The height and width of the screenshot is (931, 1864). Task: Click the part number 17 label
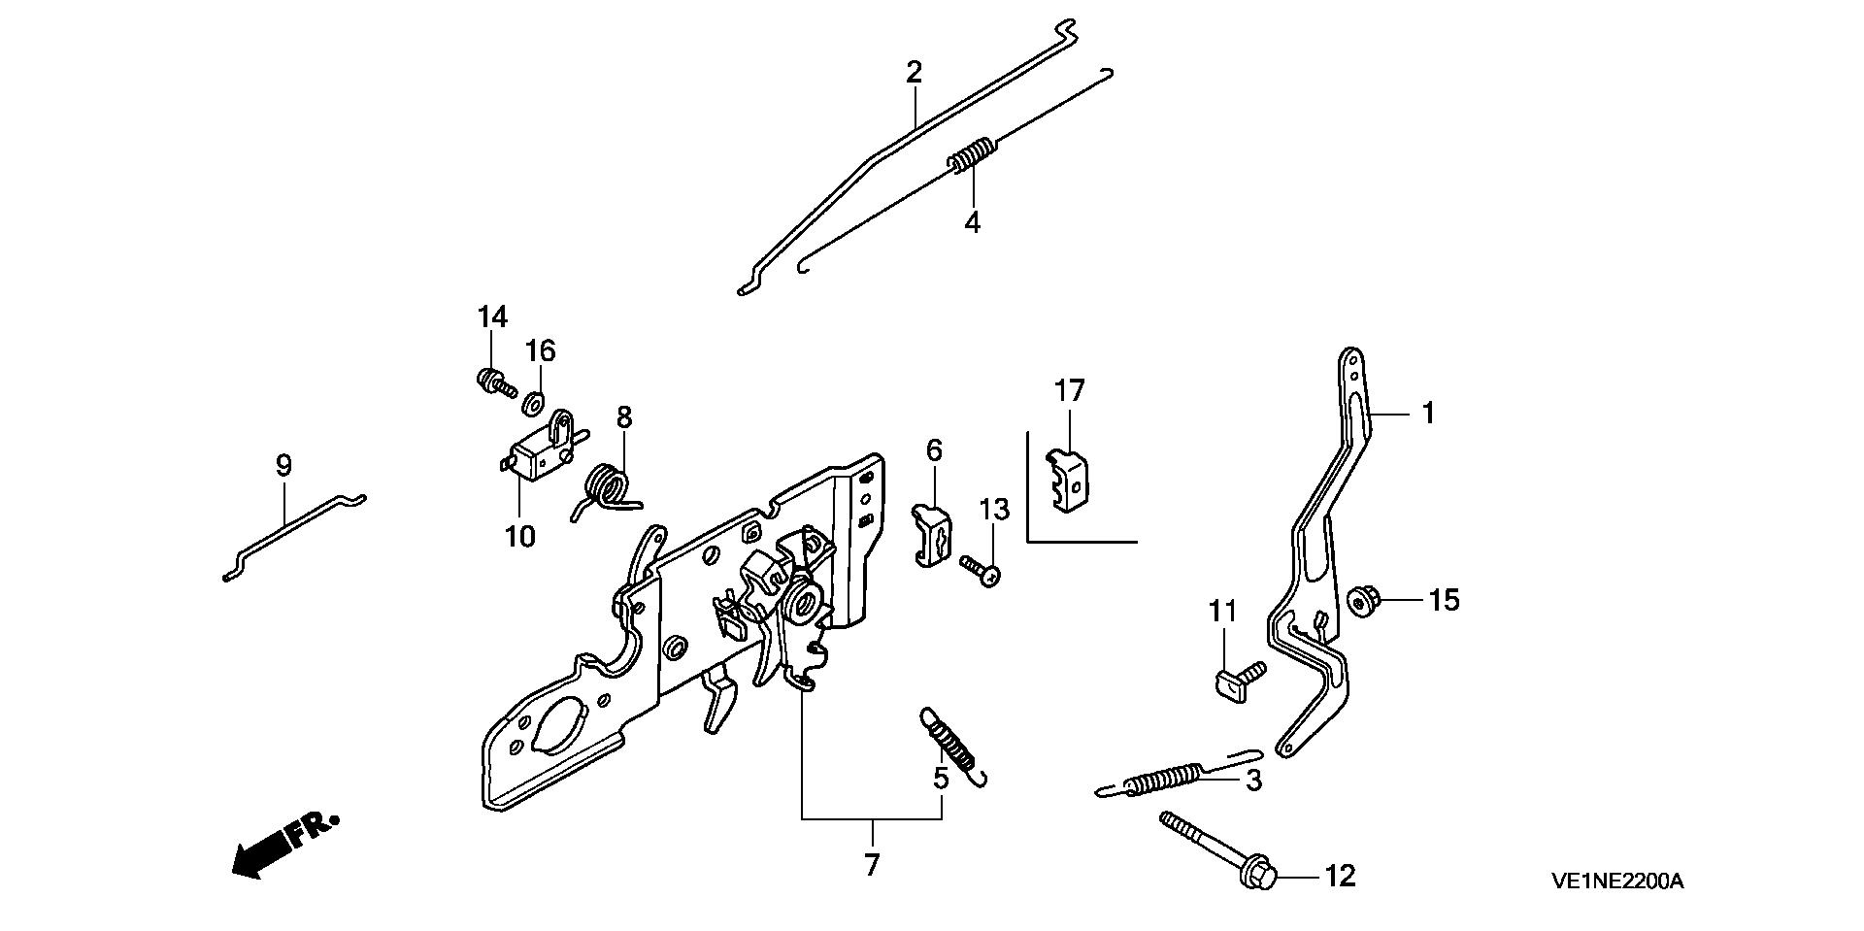(1069, 391)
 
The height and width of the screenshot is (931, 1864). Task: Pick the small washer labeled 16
(533, 401)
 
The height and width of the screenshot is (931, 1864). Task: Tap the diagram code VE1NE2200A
(1616, 881)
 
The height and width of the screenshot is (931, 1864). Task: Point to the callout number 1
(1428, 414)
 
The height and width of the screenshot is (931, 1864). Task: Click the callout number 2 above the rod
(914, 72)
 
